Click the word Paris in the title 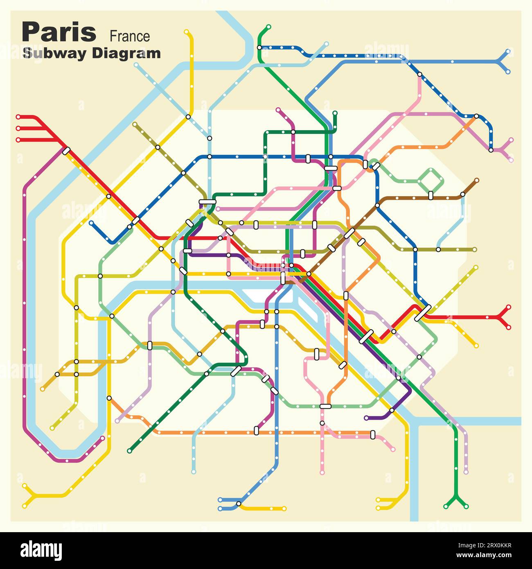[x=59, y=33]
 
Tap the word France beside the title [x=130, y=36]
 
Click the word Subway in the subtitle [x=55, y=53]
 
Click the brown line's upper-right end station [x=477, y=180]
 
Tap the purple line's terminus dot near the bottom [x=366, y=418]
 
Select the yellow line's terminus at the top [x=186, y=32]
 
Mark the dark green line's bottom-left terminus [x=130, y=451]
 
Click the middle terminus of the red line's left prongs [x=18, y=129]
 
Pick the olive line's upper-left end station [x=135, y=123]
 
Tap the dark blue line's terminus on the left [x=91, y=223]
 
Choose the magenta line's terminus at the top [x=278, y=110]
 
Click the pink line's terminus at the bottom [x=322, y=472]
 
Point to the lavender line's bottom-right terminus [x=466, y=472]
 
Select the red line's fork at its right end [x=499, y=317]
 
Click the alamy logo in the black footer [x=41, y=551]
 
